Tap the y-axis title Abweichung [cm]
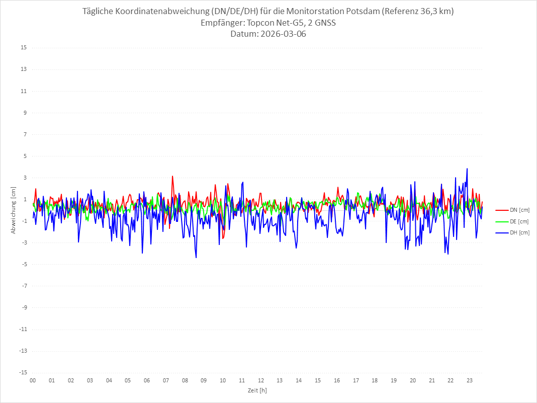pos(14,210)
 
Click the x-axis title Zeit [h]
pos(257,390)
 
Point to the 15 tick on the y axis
pos(24,48)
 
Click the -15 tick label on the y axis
pos(23,372)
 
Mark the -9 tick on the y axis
pos(24,307)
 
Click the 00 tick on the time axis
pos(33,380)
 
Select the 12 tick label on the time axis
pos(261,380)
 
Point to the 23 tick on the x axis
pos(470,380)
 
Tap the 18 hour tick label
pos(375,380)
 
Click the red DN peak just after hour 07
pos(172,176)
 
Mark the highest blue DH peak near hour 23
pos(467,169)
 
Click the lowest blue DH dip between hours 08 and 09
pos(196,258)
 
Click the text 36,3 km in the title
pos(435,12)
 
